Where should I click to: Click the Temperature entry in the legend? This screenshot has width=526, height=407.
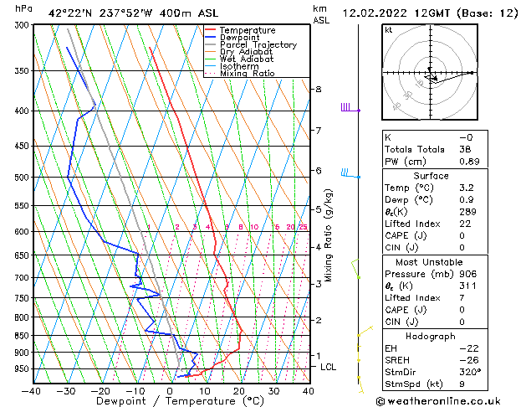click(x=247, y=30)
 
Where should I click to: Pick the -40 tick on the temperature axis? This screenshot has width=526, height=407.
click(x=32, y=390)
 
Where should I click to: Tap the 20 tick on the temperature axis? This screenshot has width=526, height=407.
click(x=239, y=390)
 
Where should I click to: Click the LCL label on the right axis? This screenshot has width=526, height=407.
click(x=329, y=367)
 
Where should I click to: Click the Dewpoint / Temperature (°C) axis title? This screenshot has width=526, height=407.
click(x=169, y=401)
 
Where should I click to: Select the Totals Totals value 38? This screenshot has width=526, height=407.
click(x=465, y=149)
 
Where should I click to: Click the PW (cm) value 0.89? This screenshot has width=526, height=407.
click(x=467, y=162)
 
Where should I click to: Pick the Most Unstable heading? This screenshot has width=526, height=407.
click(x=431, y=260)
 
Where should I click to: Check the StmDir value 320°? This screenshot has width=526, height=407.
click(x=468, y=372)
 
